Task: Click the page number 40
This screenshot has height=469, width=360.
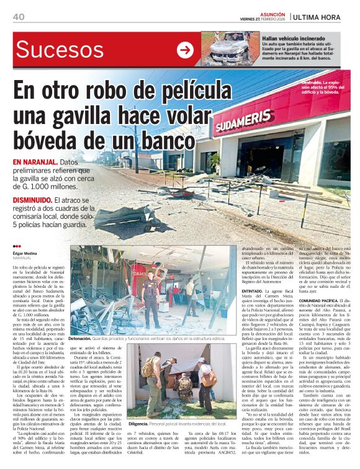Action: click(x=18, y=17)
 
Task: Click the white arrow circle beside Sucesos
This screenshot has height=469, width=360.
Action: click(x=185, y=50)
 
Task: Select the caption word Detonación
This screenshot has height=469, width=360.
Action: click(x=80, y=339)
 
